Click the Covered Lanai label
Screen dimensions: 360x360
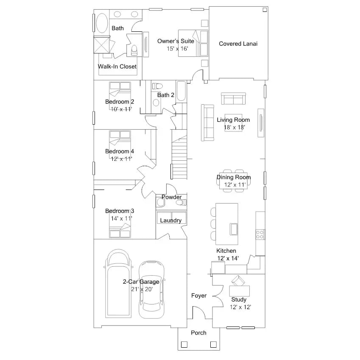(238, 44)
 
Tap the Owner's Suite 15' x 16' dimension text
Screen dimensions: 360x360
(178, 49)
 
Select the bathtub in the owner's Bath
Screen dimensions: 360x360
(102, 23)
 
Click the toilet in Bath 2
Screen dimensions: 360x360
(157, 86)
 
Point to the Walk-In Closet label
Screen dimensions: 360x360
(117, 67)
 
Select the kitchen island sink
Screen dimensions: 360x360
(234, 229)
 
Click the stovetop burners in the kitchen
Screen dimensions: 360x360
(260, 234)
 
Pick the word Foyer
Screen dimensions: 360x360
(199, 296)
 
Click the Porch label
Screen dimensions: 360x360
(198, 333)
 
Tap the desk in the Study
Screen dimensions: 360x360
(240, 291)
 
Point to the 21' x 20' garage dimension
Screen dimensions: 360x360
(142, 289)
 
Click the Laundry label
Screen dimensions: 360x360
(171, 220)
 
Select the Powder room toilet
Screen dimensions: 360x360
(181, 203)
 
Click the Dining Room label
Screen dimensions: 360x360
(234, 177)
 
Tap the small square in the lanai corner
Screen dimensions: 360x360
(265, 10)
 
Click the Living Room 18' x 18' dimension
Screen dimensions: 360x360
(234, 128)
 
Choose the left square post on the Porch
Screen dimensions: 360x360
(184, 345)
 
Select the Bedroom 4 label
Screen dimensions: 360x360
(120, 151)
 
